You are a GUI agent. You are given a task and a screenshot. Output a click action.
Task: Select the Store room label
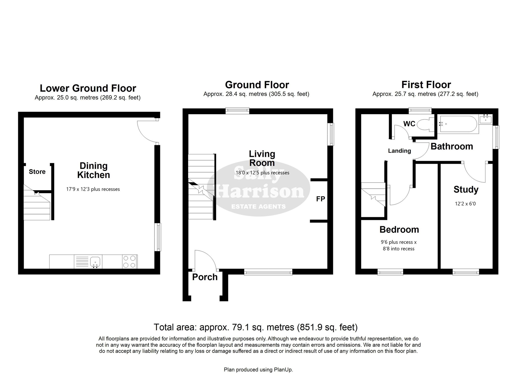click(x=37, y=172)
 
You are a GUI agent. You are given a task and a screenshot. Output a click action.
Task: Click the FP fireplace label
click(x=321, y=199)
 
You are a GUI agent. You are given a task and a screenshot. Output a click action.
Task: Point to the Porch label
click(x=205, y=277)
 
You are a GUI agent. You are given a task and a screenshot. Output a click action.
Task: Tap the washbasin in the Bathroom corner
click(x=486, y=119)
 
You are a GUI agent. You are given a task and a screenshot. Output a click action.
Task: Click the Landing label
click(x=399, y=151)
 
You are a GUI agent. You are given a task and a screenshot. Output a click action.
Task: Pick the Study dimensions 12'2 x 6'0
click(x=465, y=204)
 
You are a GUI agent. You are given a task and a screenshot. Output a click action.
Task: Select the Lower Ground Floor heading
click(x=88, y=88)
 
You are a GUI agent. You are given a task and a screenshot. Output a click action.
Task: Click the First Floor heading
click(x=426, y=85)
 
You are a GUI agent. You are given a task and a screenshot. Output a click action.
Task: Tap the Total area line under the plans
click(x=256, y=327)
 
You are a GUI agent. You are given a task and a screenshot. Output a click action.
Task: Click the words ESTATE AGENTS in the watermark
click(x=258, y=207)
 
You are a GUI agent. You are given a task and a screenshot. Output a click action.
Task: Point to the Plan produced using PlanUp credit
click(x=258, y=370)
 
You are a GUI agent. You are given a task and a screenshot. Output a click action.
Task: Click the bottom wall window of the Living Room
click(x=268, y=272)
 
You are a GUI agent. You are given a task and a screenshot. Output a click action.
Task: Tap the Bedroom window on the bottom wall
click(x=390, y=272)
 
